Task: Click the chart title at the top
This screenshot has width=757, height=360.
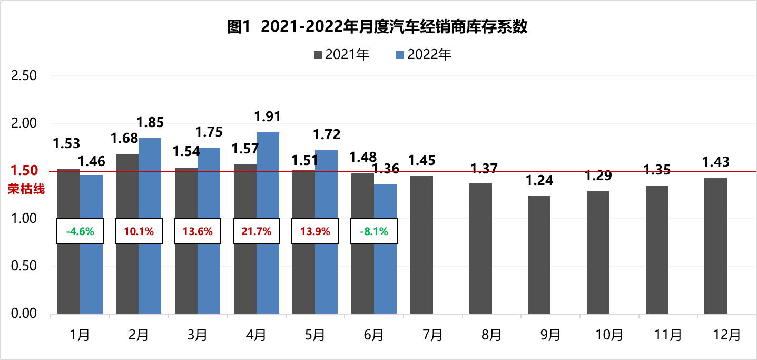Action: pyautogui.click(x=377, y=27)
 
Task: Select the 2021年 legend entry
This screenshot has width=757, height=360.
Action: pyautogui.click(x=342, y=54)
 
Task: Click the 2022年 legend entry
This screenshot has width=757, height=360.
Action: pyautogui.click(x=424, y=54)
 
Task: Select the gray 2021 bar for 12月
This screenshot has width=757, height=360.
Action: pyautogui.click(x=715, y=246)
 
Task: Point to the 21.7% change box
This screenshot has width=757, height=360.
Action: pyautogui.click(x=257, y=231)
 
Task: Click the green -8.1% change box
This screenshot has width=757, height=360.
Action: pyautogui.click(x=374, y=231)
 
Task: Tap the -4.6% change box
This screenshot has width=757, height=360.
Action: pyautogui.click(x=80, y=231)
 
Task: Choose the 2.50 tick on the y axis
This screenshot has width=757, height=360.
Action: pyautogui.click(x=24, y=76)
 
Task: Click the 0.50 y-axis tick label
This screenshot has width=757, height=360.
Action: pyautogui.click(x=24, y=266)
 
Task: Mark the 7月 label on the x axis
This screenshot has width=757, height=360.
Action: pyautogui.click(x=432, y=335)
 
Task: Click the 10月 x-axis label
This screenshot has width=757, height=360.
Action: pyautogui.click(x=608, y=335)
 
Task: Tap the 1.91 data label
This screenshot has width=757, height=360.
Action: pyautogui.click(x=268, y=116)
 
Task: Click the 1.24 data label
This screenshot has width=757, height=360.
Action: pyautogui.click(x=539, y=181)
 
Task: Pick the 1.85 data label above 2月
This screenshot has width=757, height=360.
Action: pyautogui.click(x=150, y=123)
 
